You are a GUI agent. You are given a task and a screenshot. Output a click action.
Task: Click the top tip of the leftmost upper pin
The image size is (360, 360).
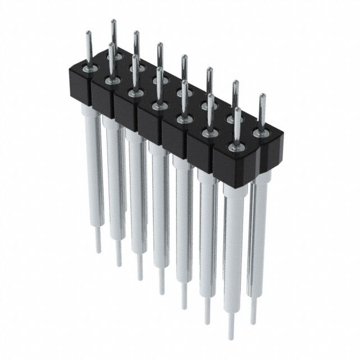(88, 33)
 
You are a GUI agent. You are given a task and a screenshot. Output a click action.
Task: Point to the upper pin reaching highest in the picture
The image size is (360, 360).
(113, 22)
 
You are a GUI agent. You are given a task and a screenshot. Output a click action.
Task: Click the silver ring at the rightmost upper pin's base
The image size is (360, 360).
(260, 133)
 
